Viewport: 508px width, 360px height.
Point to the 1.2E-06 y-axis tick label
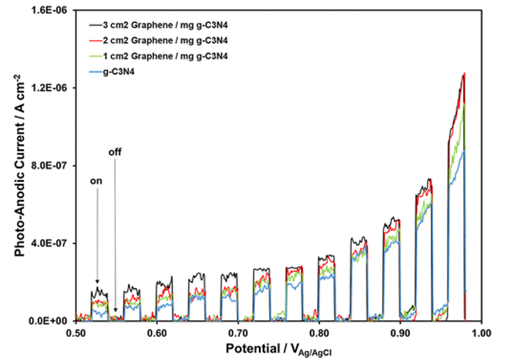(53, 88)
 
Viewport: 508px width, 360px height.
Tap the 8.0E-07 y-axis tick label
(53, 166)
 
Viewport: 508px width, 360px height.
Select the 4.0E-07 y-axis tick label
(53, 243)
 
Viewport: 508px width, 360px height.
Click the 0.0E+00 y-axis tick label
(52, 321)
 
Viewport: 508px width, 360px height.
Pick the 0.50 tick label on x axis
(75, 333)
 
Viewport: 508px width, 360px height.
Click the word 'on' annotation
(97, 180)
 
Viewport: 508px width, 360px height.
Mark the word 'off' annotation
(115, 152)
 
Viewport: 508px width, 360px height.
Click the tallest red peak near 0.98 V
(464, 74)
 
